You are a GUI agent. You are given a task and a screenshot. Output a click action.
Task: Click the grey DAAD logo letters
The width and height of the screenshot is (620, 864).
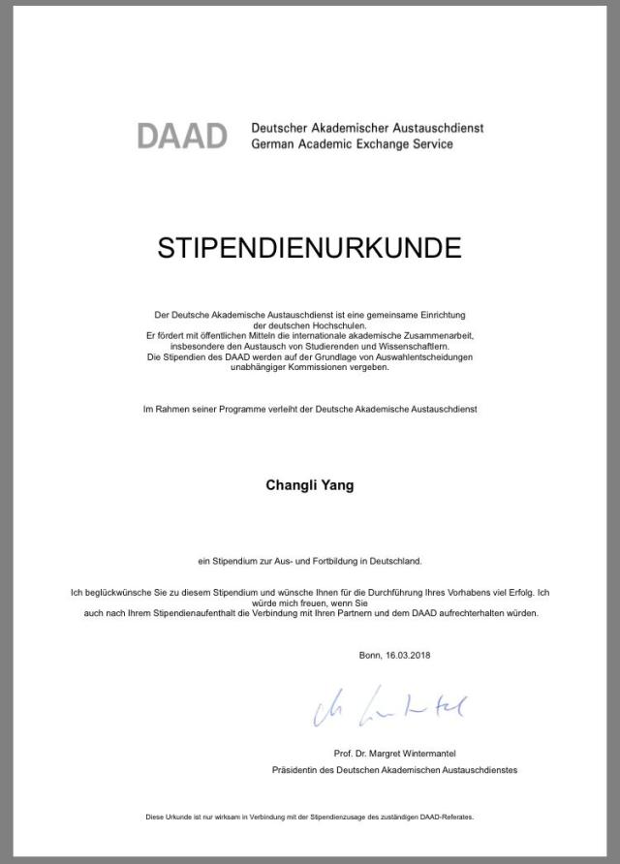[x=182, y=136]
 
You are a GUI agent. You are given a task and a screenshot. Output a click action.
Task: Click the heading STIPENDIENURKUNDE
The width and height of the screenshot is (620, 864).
[x=309, y=248]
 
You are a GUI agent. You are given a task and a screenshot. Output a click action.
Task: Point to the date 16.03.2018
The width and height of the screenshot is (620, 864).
[x=408, y=656]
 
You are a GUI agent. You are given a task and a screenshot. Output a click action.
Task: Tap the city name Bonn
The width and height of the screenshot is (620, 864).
[x=370, y=656]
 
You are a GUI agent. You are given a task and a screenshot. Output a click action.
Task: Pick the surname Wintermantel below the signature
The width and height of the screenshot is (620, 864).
[x=422, y=753]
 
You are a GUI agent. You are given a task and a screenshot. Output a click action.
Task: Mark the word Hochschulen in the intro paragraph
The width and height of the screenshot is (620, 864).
[x=330, y=324]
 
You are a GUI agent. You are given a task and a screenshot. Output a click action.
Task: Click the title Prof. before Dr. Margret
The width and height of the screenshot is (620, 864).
[x=342, y=753]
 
